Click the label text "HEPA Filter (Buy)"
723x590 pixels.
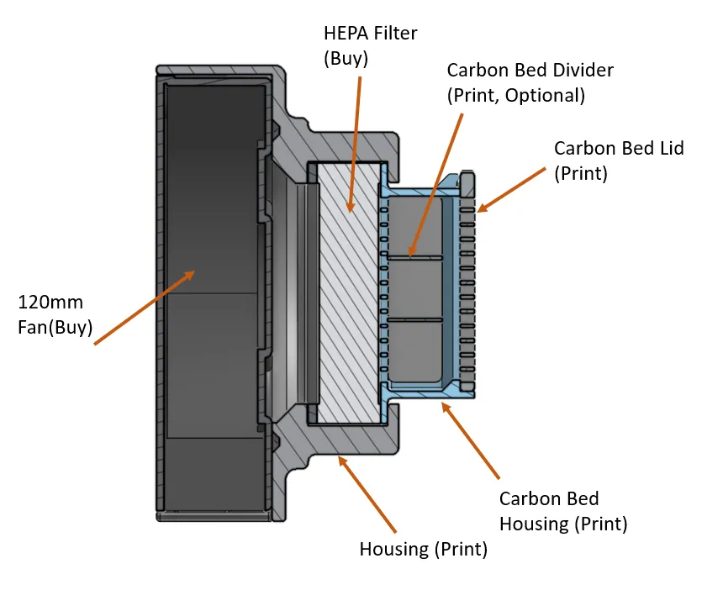tap(370, 47)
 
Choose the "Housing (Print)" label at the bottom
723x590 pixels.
tap(423, 550)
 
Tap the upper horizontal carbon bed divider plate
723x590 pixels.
tap(414, 255)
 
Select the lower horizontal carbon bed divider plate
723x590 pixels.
tap(414, 319)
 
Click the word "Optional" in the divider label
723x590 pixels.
tap(546, 95)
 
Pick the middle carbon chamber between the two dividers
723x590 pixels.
tap(414, 287)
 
